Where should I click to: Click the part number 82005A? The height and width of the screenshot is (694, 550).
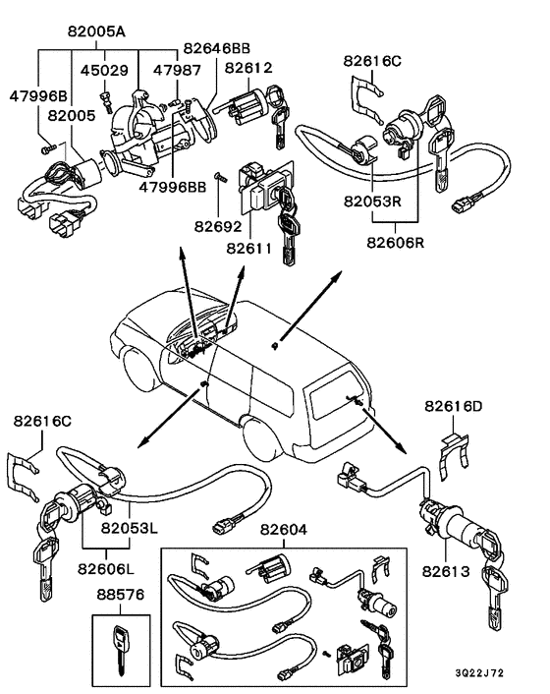point(96,31)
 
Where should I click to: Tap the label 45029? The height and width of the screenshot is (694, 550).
point(104,71)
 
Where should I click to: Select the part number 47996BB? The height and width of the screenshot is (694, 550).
point(173,187)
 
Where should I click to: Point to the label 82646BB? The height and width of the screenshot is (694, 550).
point(217,48)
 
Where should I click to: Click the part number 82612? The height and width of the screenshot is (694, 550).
point(248,68)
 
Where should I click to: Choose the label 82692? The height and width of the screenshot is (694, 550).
point(218,227)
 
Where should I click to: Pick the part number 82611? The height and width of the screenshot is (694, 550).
point(248,249)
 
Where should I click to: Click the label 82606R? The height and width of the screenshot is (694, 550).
point(395,243)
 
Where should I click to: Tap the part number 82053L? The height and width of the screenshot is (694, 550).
point(129,528)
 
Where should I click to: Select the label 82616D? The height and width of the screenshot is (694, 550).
point(454,406)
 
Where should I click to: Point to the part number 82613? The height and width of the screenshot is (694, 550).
point(446,571)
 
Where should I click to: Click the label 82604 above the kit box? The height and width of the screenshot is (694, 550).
point(284,530)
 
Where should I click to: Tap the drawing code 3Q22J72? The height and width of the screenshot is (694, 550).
point(479,673)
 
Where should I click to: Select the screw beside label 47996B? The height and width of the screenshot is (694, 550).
point(48,149)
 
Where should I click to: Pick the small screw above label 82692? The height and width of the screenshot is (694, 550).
point(220,177)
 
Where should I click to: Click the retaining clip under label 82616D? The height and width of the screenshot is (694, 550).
point(454,457)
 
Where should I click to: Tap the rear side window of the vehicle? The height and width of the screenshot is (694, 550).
point(270,390)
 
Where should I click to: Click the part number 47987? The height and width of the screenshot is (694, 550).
point(177,70)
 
